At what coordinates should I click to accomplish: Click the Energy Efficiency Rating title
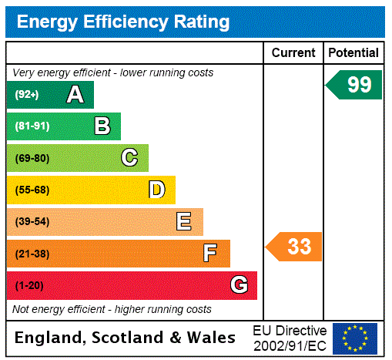coord(123,22)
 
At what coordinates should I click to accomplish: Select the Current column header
coord(293,53)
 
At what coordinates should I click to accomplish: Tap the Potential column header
coord(353,53)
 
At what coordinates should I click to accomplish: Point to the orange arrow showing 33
coord(295,247)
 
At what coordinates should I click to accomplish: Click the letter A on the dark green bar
coord(75,95)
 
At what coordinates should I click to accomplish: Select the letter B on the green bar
coord(102,126)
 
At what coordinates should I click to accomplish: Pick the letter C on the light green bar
coord(129,158)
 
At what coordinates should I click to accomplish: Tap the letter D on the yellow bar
coord(156,190)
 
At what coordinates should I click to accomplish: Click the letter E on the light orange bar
coord(184,222)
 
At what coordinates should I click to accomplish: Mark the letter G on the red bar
coord(239,285)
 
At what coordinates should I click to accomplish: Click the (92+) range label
coord(27,95)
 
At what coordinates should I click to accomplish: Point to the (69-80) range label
coord(32,158)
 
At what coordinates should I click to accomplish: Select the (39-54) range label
coord(32,222)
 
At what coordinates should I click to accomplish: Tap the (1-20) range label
coord(29,285)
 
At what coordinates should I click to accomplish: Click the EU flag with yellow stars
coord(355,338)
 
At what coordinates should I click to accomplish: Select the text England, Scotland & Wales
coord(126,338)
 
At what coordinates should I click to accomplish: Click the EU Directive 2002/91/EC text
coord(290,338)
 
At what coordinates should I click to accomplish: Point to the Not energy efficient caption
coord(112,309)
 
